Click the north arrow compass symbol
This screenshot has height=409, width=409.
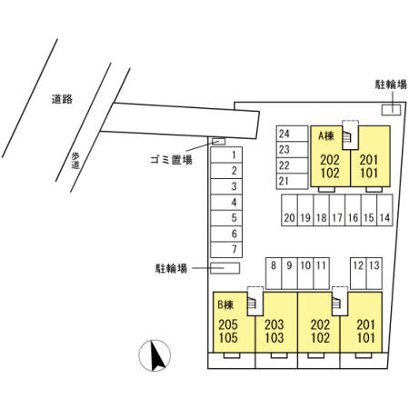click(155, 355)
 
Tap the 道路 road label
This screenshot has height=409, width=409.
click(62, 99)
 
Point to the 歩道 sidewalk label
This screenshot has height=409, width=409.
click(75, 161)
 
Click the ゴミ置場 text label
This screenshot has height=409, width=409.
click(171, 159)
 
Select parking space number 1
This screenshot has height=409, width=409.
click(226, 155)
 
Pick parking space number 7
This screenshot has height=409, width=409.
click(226, 250)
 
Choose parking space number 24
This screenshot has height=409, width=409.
click(292, 134)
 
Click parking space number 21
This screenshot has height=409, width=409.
click(292, 181)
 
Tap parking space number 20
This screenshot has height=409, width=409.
click(289, 210)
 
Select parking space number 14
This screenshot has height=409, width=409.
click(384, 210)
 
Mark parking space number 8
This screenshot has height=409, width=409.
click(274, 274)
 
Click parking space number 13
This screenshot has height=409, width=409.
click(374, 274)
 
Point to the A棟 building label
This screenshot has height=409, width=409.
click(326, 136)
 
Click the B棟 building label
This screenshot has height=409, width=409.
click(225, 304)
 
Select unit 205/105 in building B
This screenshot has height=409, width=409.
click(228, 331)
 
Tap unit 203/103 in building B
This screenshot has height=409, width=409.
click(274, 331)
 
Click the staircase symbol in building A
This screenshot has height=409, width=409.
click(346, 137)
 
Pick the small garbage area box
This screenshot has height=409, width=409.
click(218, 141)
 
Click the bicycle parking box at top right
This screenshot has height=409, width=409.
click(391, 110)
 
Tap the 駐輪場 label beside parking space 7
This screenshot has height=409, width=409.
click(171, 268)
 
